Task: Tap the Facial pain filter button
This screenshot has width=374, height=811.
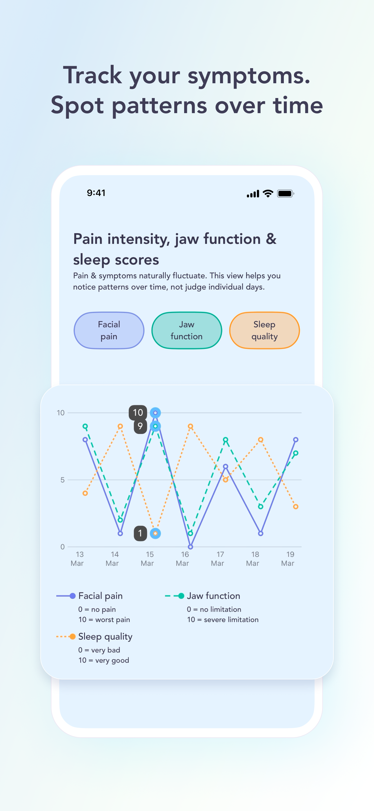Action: (x=109, y=330)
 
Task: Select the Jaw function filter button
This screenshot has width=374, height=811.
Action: (x=187, y=330)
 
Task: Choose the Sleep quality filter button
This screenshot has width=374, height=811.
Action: (x=264, y=330)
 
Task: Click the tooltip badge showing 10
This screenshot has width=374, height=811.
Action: (x=138, y=412)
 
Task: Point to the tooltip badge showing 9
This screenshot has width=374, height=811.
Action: (x=140, y=426)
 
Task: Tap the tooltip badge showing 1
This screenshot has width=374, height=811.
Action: (x=140, y=533)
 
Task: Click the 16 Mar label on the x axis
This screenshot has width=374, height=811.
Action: (x=183, y=559)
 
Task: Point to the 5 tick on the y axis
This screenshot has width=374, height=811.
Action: (x=62, y=480)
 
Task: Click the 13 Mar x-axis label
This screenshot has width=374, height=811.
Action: (x=77, y=559)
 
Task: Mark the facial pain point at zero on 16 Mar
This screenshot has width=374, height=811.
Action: (x=190, y=547)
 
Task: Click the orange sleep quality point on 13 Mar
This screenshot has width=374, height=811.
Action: (x=85, y=493)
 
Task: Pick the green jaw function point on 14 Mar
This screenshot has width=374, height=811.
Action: (x=120, y=520)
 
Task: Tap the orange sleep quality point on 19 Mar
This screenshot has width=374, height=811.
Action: (x=296, y=506)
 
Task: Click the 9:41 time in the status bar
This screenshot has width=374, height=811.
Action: (x=96, y=193)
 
